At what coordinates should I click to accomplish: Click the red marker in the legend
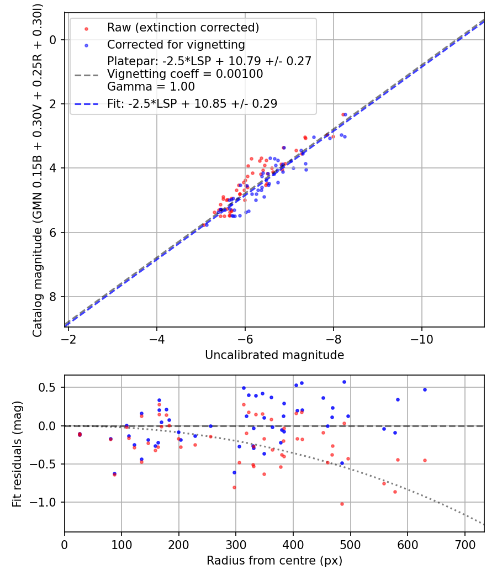[86, 29]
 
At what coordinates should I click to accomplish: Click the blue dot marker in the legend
[86, 45]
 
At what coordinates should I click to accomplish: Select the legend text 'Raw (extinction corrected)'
[183, 28]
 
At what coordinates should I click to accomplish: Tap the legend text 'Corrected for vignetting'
[176, 45]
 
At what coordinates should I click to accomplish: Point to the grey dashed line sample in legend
[87, 75]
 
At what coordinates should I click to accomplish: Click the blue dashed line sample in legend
[87, 104]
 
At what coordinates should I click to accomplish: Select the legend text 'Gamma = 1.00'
[151, 87]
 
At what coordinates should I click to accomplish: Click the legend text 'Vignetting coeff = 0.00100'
[185, 74]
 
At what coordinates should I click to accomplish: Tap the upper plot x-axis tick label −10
[421, 339]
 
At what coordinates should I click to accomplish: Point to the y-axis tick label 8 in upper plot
[53, 297]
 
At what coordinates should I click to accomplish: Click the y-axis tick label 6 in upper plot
[53, 233]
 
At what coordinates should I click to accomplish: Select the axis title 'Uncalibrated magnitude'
[274, 355]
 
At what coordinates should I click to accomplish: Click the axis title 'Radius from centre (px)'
[274, 561]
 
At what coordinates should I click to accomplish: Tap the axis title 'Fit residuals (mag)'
[17, 454]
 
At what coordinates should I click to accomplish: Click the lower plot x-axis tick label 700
[464, 545]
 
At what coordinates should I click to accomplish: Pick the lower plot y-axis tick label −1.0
[44, 502]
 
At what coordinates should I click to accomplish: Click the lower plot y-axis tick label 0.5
[48, 388]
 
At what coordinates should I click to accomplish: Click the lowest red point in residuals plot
[342, 504]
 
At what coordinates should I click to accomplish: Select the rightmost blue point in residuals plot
[425, 390]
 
